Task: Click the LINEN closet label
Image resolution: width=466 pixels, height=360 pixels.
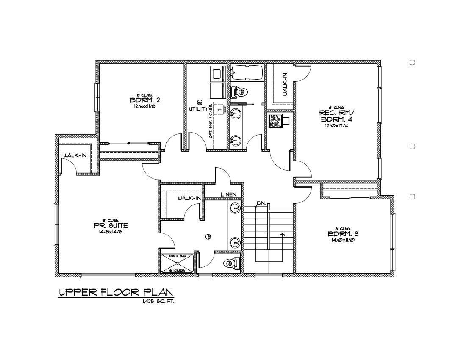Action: tap(228, 194)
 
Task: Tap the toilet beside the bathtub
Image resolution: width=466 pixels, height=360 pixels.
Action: tap(240, 91)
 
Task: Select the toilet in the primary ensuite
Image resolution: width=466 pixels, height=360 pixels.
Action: tap(231, 263)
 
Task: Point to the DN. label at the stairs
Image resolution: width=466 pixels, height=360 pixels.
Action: tap(261, 204)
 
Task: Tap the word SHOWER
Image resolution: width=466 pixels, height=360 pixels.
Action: tap(176, 270)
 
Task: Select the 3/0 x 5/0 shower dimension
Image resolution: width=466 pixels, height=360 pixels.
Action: tap(177, 256)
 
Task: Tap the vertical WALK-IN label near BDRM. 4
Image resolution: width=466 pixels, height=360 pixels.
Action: tap(285, 84)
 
